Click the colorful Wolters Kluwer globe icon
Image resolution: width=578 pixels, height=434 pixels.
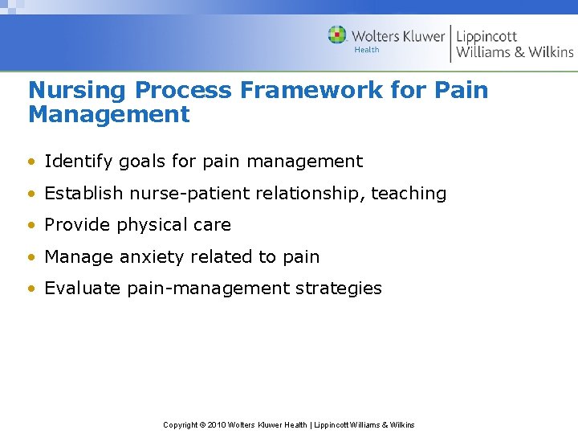(337, 35)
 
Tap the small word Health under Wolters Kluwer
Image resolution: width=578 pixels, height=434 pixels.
(367, 50)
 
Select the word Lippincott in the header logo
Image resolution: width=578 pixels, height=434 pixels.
(486, 35)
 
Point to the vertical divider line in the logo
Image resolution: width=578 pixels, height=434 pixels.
(450, 43)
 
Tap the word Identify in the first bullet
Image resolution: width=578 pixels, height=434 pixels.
(76, 162)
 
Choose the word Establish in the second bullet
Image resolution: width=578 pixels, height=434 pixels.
(83, 194)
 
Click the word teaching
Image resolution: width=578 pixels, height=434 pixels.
(408, 194)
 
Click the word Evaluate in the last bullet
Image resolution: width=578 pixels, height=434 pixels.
(83, 289)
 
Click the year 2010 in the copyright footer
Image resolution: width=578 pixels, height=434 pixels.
(217, 424)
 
